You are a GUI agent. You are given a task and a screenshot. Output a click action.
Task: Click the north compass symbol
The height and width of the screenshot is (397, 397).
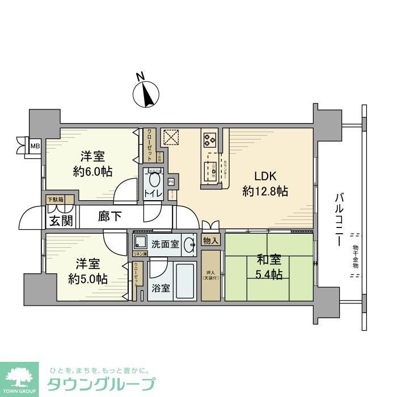pos(148,93)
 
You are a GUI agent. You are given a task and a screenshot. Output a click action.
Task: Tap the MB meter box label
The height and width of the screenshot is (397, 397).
pos(35,146)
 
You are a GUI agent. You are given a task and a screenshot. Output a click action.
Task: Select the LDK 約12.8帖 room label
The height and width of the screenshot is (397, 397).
pos(265,184)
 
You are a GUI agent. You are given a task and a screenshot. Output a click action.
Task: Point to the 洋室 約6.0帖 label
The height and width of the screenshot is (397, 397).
pos(92,163)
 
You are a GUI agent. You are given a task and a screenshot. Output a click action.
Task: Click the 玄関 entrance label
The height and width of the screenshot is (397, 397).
pos(60,220)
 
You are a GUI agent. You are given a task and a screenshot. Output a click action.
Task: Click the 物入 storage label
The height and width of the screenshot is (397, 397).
pos(210,240)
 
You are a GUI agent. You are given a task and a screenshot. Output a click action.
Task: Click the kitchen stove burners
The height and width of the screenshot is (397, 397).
pos(209,138)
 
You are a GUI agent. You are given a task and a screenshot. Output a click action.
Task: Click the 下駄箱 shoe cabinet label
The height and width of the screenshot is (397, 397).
pos(56,200)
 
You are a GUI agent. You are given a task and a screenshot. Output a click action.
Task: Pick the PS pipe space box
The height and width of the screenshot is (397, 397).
pos(171,182)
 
